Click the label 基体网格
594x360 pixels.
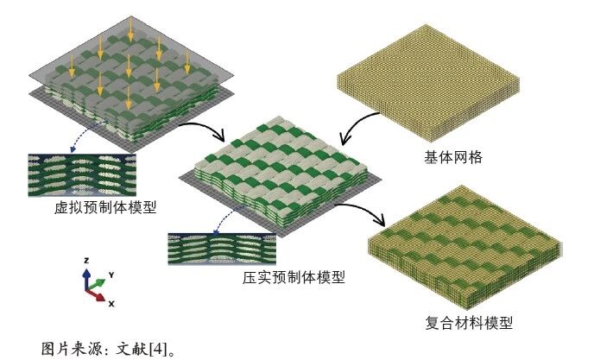pyautogui.click(x=452, y=158)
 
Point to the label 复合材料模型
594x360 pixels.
pyautogui.click(x=470, y=323)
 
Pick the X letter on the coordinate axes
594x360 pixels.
pyautogui.click(x=111, y=304)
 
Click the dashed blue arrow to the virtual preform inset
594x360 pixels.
pyautogui.click(x=87, y=136)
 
